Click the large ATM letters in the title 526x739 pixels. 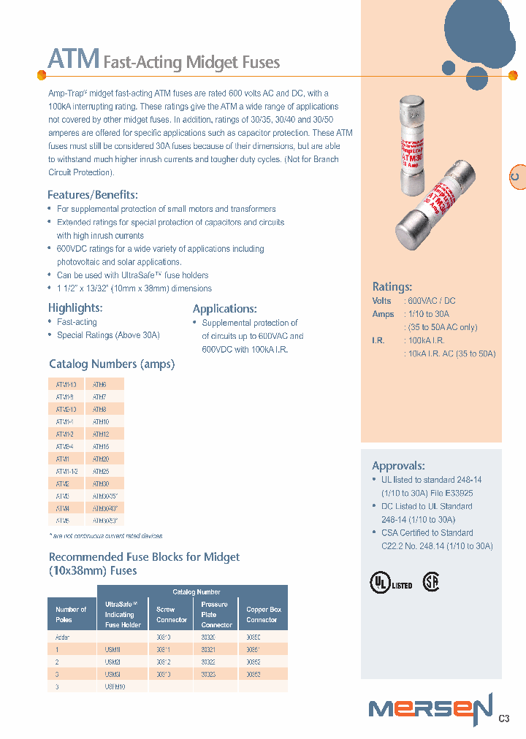pyautogui.click(x=73, y=59)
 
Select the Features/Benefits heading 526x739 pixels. pyautogui.click(x=92, y=194)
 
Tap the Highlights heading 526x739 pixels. pyautogui.click(x=75, y=307)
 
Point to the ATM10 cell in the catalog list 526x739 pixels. pyautogui.click(x=101, y=422)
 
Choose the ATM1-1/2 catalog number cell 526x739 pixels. pyautogui.click(x=66, y=472)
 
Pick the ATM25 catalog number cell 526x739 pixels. pyautogui.click(x=101, y=472)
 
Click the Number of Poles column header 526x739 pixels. pyautogui.click(x=71, y=614)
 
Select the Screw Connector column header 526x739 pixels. pyautogui.click(x=171, y=614)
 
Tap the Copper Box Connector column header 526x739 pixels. pyautogui.click(x=264, y=614)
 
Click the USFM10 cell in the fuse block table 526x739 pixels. pyautogui.click(x=115, y=686)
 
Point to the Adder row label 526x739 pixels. pyautogui.click(x=63, y=637)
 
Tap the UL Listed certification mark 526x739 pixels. pyautogui.click(x=391, y=583)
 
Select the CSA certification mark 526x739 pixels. pyautogui.click(x=432, y=583)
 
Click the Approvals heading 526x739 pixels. pyautogui.click(x=398, y=465)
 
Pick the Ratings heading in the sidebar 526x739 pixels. pyautogui.click(x=392, y=287)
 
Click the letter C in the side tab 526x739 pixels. pyautogui.click(x=515, y=177)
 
